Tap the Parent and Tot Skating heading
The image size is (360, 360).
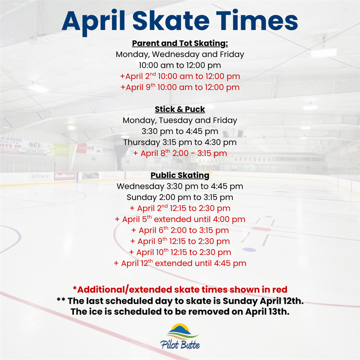click(180, 44)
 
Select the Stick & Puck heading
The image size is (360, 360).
click(180, 109)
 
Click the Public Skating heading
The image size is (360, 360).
click(180, 175)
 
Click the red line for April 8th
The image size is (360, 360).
click(180, 153)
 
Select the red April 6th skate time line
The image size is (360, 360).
click(180, 230)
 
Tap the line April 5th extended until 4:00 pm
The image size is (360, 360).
click(180, 219)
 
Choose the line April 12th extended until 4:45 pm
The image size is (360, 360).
click(180, 263)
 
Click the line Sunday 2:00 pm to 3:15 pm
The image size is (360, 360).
click(180, 197)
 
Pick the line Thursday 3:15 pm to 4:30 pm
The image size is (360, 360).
click(180, 142)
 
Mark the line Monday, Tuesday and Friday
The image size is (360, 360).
click(180, 121)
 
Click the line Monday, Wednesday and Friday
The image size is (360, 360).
click(180, 54)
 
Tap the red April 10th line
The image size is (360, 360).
click(180, 252)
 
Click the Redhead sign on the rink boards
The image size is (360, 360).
click(65, 176)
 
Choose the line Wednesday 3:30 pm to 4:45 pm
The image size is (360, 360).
click(180, 186)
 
